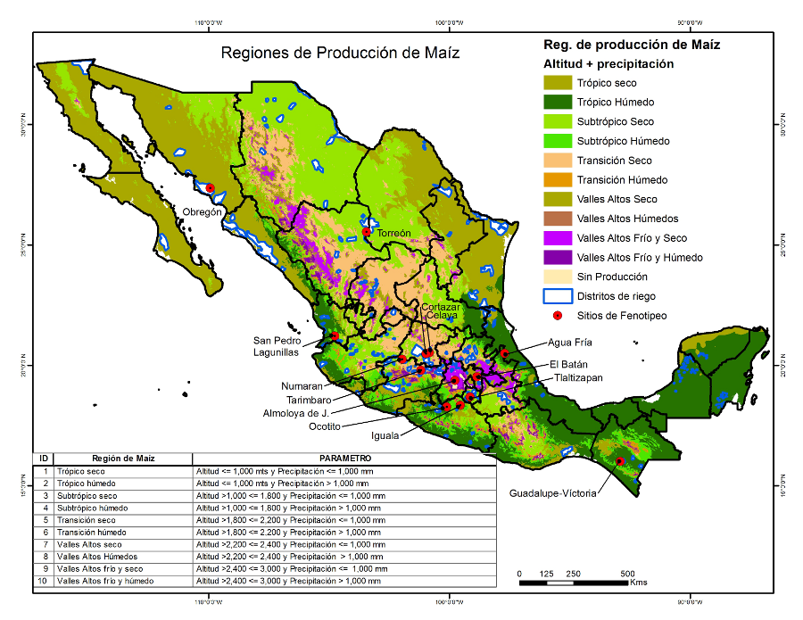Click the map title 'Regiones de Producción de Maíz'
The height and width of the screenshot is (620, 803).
tap(340, 53)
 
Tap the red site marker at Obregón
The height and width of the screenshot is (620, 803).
tap(211, 188)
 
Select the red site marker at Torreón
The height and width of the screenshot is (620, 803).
tap(366, 232)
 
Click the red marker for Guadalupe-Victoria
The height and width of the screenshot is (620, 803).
tap(620, 461)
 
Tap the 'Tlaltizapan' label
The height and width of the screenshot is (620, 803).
tap(577, 377)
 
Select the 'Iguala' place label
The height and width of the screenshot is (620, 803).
tap(386, 436)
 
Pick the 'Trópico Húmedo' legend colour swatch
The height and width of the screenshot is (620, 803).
tap(558, 103)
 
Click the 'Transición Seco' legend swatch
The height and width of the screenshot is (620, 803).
tap(558, 161)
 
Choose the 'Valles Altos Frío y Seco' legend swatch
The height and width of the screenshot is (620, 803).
tap(558, 238)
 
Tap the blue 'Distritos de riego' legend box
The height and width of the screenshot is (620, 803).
tap(558, 296)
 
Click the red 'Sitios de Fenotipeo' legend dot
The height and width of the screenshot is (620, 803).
tap(558, 316)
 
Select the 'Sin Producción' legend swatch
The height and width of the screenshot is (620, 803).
tap(558, 277)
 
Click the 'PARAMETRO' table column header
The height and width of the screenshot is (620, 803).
tap(344, 458)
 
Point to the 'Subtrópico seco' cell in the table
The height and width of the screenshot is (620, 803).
tap(87, 495)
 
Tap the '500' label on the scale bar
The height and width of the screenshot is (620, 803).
tap(628, 574)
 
